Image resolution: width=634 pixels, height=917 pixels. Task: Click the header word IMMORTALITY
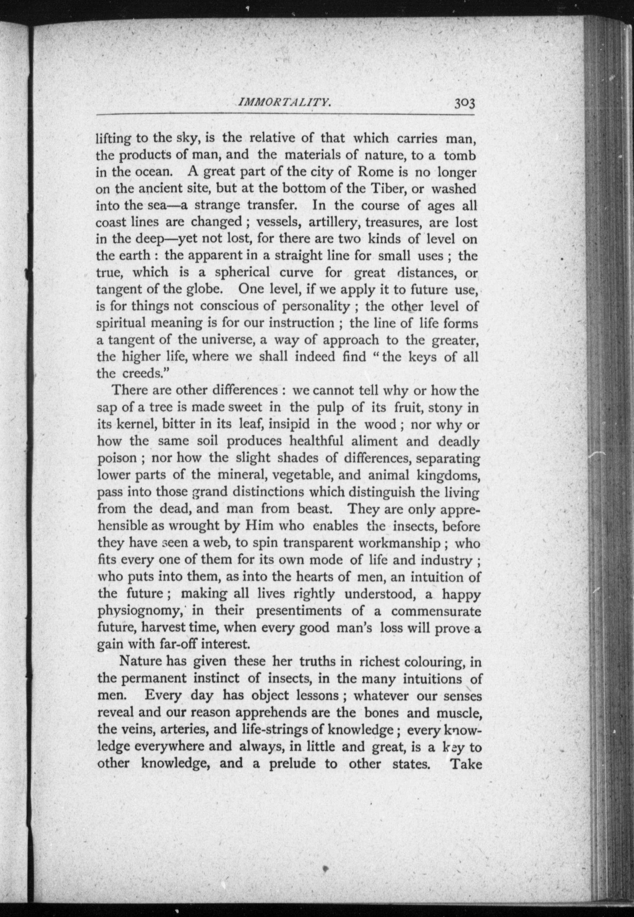[x=284, y=103]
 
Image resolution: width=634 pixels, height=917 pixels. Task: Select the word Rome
[x=375, y=172]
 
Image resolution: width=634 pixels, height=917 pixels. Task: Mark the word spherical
[x=242, y=273]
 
